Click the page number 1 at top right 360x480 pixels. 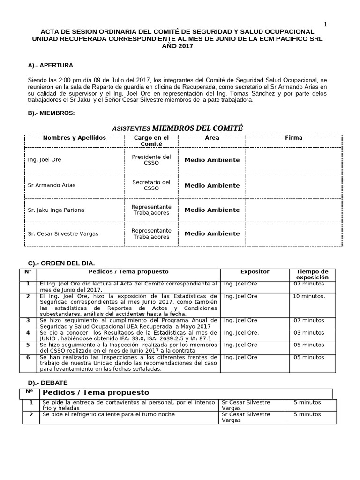pyautogui.click(x=326, y=24)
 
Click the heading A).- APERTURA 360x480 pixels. pyautogui.click(x=51, y=65)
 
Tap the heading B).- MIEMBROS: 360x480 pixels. pyautogui.click(x=51, y=113)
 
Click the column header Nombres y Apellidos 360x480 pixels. pyautogui.click(x=74, y=138)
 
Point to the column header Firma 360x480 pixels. pyautogui.click(x=293, y=138)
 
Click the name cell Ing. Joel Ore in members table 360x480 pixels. pyautogui.click(x=45, y=160)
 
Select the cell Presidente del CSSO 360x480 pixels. pyautogui.click(x=151, y=160)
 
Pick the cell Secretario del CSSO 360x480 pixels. pyautogui.click(x=151, y=185)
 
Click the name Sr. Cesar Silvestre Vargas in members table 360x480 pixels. pyautogui.click(x=63, y=233)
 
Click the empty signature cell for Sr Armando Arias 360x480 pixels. pyautogui.click(x=293, y=185)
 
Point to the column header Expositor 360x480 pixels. pyautogui.click(x=255, y=271)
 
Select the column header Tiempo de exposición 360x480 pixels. pyautogui.click(x=312, y=274)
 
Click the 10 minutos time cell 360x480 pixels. pyautogui.click(x=309, y=296)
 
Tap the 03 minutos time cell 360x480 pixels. pyautogui.click(x=308, y=332)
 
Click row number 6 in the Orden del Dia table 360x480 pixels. pyautogui.click(x=28, y=357)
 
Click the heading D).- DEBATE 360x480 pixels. pyautogui.click(x=48, y=383)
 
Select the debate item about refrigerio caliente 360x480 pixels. pyautogui.click(x=108, y=414)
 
